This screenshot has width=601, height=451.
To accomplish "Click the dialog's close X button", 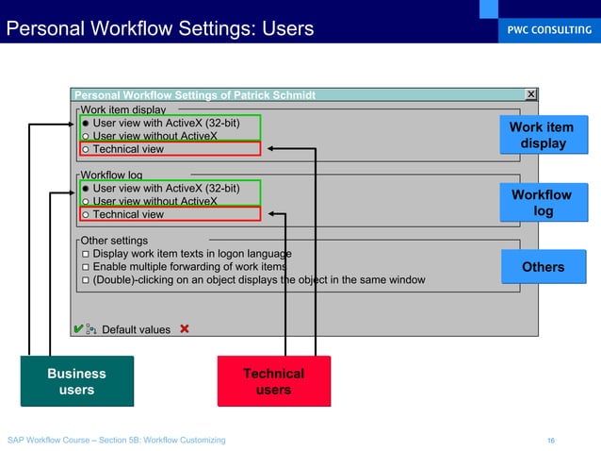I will (530, 94).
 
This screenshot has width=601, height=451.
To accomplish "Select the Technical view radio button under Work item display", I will (86, 149).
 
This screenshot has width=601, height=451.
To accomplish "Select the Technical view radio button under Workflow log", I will (86, 214).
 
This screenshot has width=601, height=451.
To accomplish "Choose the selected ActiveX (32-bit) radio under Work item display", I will (86, 123).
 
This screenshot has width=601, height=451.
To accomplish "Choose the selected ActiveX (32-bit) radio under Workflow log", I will (86, 188).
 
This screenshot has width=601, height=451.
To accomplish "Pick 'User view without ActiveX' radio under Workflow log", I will (86, 201).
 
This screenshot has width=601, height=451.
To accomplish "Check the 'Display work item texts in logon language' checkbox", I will (86, 254).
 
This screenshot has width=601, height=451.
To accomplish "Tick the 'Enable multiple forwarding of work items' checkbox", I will (86, 267).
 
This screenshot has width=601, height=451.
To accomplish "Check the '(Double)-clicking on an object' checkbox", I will (86, 280).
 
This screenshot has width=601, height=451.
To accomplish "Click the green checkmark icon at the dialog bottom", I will (76, 329).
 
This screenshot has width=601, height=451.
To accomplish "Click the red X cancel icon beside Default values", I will (184, 329).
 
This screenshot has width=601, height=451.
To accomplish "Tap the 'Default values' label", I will (136, 330).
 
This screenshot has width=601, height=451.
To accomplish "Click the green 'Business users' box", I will (77, 381).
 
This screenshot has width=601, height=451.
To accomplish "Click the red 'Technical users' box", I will (273, 381).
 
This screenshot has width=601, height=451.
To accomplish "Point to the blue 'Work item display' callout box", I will (542, 135).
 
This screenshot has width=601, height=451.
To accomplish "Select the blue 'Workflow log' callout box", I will (542, 203).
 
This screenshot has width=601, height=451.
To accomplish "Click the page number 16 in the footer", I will (551, 440).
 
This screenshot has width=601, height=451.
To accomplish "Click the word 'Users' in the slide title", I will (280, 29).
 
